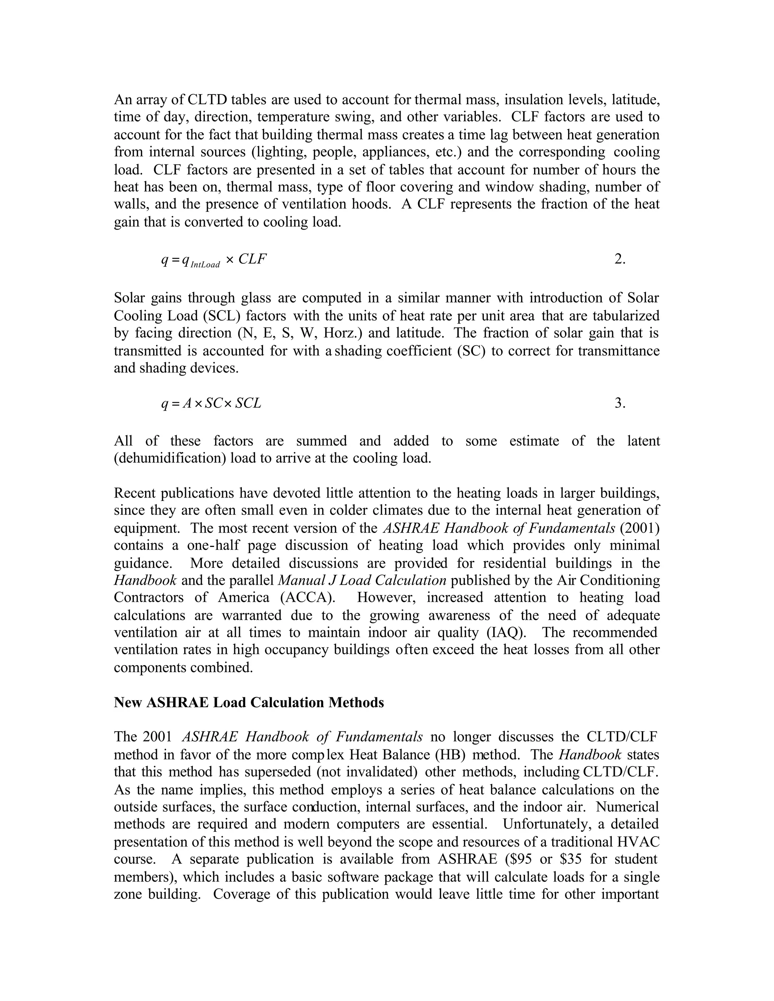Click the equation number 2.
point(619,260)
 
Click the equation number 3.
point(619,403)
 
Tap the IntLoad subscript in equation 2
point(205,264)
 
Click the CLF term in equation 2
point(253,260)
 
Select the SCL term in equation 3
point(248,403)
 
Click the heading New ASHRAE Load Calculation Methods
point(249,703)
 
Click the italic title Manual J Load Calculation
point(362,580)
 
